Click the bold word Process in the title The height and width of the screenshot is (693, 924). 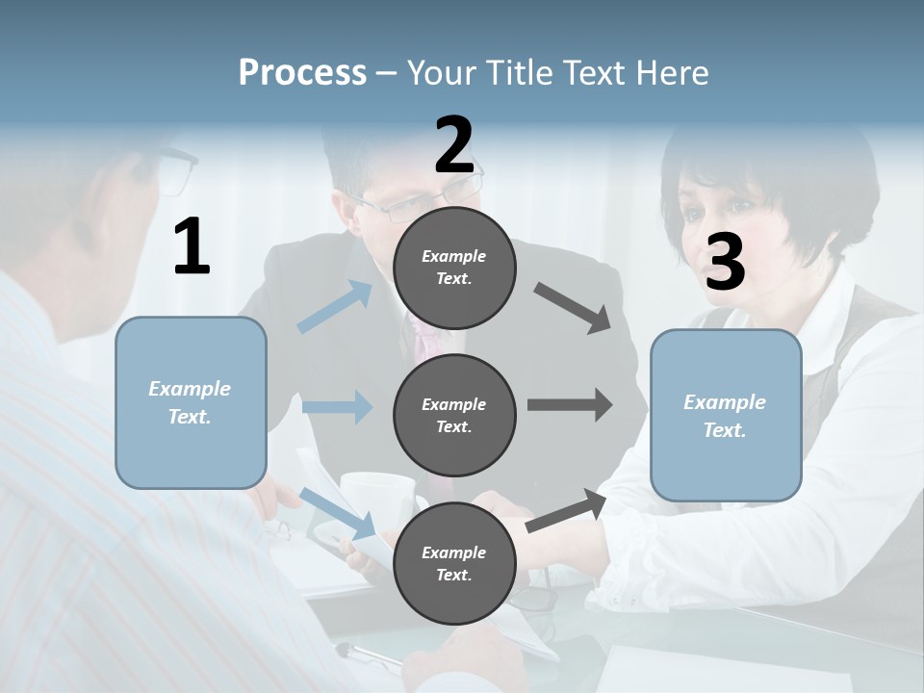click(x=302, y=72)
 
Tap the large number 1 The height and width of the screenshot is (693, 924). click(x=192, y=246)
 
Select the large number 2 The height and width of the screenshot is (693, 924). click(x=454, y=144)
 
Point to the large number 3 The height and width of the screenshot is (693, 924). click(x=725, y=263)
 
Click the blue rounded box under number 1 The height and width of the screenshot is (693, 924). click(x=191, y=402)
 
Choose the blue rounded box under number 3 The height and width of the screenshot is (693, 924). click(x=726, y=415)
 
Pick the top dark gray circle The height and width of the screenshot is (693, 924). click(x=454, y=268)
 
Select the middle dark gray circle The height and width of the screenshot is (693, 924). click(x=454, y=415)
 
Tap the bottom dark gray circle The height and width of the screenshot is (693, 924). click(x=454, y=563)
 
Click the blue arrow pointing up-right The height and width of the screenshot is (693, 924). click(x=335, y=306)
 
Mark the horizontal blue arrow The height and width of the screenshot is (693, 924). click(x=337, y=406)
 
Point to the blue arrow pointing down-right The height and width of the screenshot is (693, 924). click(x=338, y=513)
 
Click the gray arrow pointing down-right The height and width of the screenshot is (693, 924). click(x=573, y=308)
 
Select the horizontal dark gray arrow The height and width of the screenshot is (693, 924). click(x=570, y=405)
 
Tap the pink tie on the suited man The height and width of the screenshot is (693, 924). click(x=423, y=337)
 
